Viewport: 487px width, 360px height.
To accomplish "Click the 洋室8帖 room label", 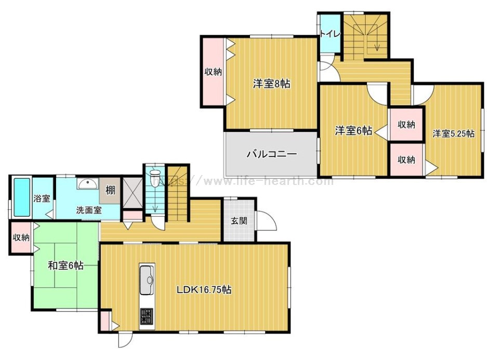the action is pos(271,84).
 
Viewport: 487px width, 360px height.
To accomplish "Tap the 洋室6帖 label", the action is pos(353,131).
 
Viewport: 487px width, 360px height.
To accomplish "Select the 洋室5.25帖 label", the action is pos(454,134).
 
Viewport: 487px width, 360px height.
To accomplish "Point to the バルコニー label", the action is pos(272,154).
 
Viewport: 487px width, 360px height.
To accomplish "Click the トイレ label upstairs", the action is pos(331,34).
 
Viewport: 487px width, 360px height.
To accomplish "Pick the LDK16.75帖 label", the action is pos(204,290).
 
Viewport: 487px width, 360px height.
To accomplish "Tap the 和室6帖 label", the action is pos(65,265).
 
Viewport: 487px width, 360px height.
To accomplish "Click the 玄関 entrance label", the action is pos(239,221).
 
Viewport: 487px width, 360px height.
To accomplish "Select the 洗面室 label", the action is pos(89,210).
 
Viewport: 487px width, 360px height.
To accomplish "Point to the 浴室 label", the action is pos(42,198).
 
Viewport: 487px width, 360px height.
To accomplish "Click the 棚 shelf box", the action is pos(110,190).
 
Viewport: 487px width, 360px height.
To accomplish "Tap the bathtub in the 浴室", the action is pos(22,197).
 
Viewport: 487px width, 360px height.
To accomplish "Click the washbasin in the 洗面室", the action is pos(88,184).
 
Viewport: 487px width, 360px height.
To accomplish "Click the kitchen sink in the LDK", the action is pos(147,280).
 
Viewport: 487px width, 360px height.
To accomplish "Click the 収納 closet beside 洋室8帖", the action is pos(213,72).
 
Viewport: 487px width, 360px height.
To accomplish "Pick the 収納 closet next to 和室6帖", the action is pos(21,237).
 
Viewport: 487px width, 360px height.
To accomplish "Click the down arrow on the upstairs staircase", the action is pos(377,41).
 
